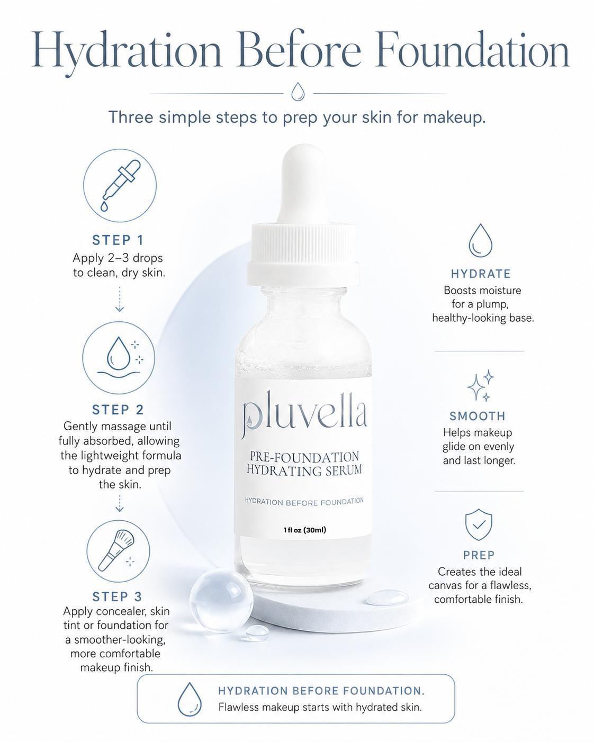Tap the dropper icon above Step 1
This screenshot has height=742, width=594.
[x=120, y=185]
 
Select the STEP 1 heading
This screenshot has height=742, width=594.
[x=118, y=240]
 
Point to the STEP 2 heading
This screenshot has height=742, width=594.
[x=118, y=410]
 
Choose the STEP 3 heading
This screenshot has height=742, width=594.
[x=118, y=597]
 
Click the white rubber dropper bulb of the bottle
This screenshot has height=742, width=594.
[x=303, y=185]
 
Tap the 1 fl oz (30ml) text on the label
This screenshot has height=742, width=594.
[x=304, y=530]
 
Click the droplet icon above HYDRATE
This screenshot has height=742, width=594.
[x=480, y=240]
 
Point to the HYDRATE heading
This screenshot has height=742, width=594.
[x=481, y=274]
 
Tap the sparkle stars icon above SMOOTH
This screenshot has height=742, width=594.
[x=481, y=385]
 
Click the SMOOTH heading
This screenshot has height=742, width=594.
[x=478, y=416]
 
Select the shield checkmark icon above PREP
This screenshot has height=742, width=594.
[x=479, y=524]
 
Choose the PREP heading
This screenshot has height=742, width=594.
[x=479, y=555]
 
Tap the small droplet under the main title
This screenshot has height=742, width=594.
[x=298, y=92]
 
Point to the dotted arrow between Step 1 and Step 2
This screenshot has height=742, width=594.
[x=119, y=299]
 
